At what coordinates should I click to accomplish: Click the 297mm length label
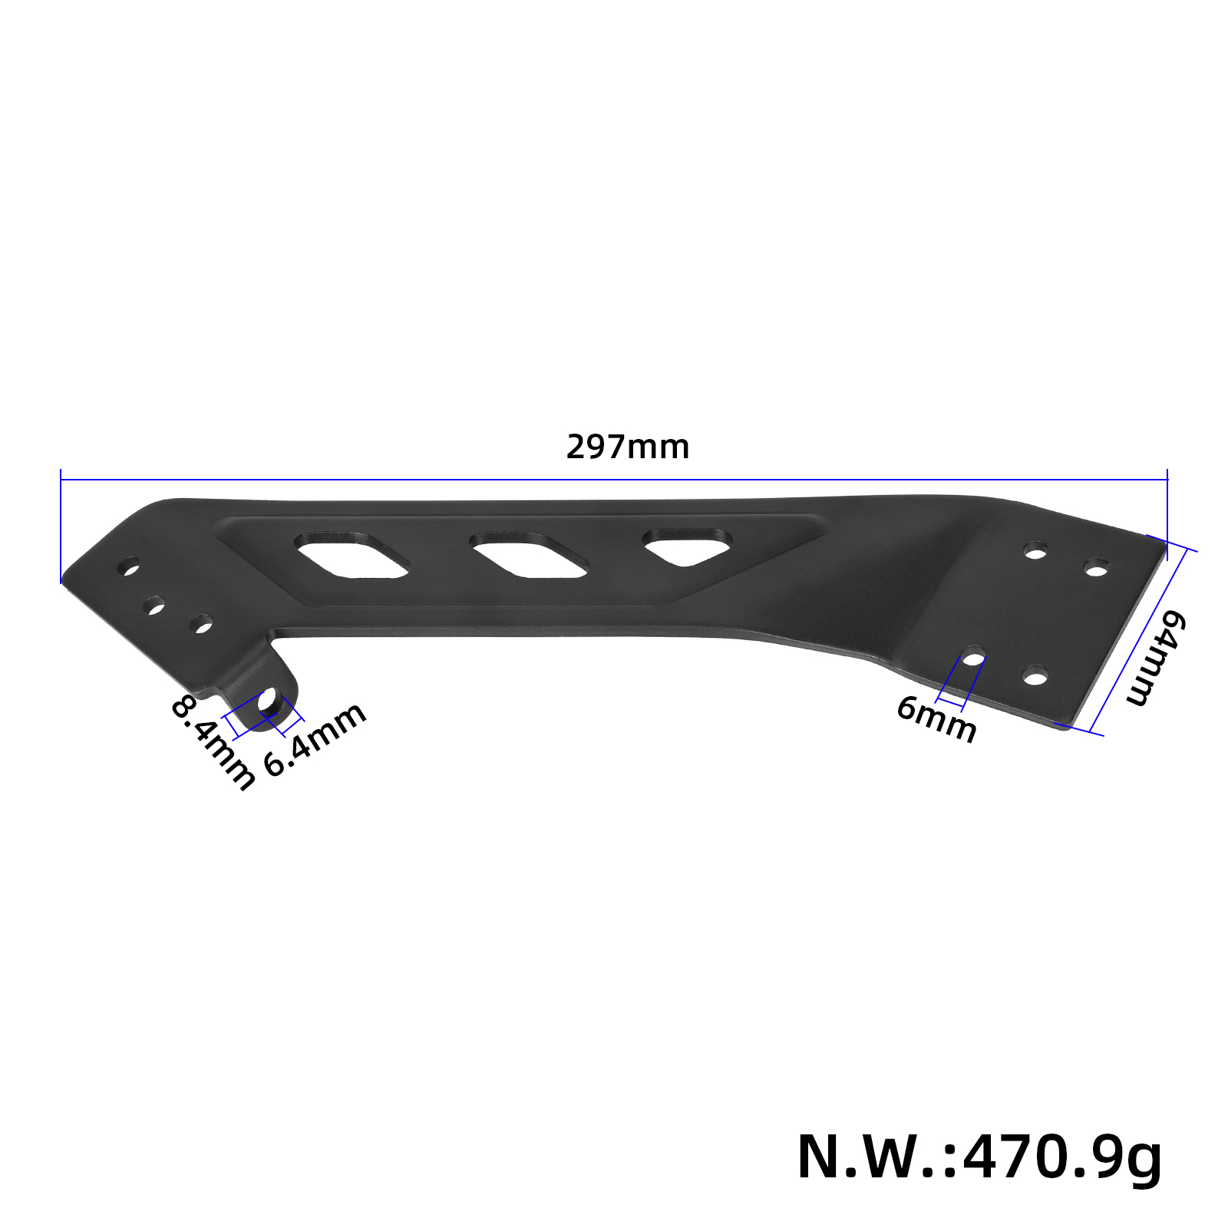(628, 447)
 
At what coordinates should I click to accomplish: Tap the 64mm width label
(1156, 658)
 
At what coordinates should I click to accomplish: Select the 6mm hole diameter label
(936, 718)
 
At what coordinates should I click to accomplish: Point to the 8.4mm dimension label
(212, 742)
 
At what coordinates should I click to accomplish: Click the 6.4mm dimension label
(315, 740)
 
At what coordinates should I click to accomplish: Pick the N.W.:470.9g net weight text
(979, 1157)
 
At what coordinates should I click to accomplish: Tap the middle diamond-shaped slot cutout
(529, 554)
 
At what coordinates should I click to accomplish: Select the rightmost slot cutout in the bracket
(687, 546)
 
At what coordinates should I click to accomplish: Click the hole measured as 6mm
(974, 659)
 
